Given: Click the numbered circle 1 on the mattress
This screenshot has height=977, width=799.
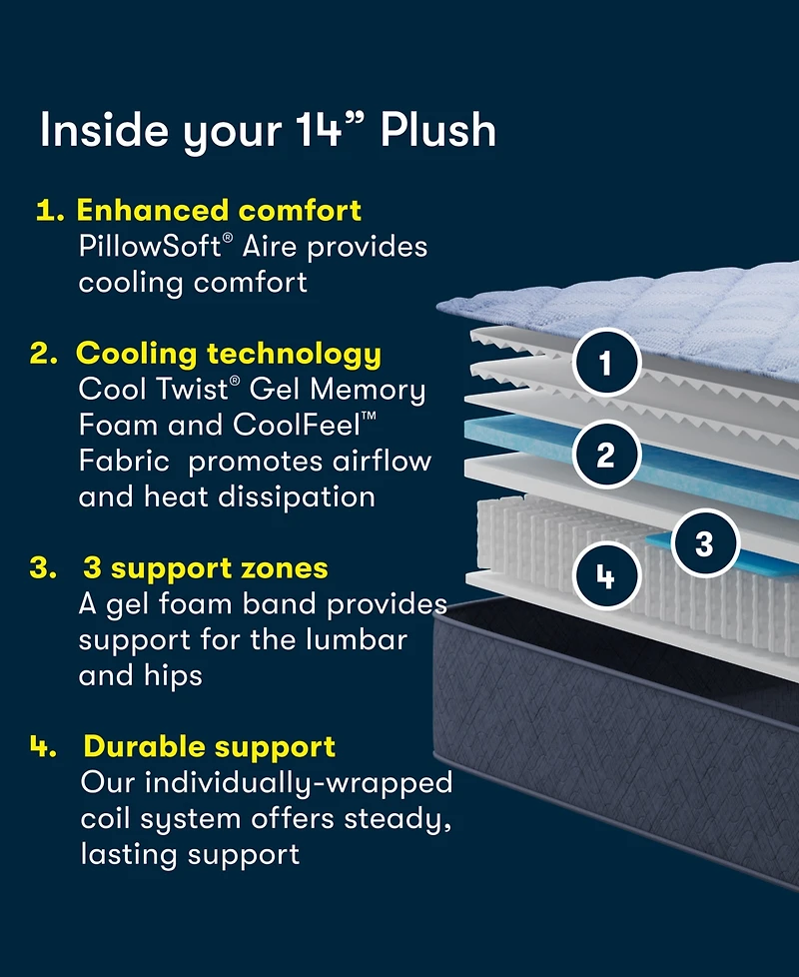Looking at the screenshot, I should (605, 362).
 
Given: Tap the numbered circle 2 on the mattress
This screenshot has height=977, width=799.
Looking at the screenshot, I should (605, 455).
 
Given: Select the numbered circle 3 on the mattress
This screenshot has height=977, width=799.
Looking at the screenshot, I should (704, 543).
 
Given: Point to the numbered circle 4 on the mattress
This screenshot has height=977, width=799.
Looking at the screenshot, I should (605, 575).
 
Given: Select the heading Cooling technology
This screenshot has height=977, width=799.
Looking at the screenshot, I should (229, 354).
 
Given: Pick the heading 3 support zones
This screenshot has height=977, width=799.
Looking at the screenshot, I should (219, 568).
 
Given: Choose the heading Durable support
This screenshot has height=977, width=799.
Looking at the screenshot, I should (210, 746).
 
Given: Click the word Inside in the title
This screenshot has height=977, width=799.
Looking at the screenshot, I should (104, 131).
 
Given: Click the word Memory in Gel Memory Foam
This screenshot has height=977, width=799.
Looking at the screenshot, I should (369, 389).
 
